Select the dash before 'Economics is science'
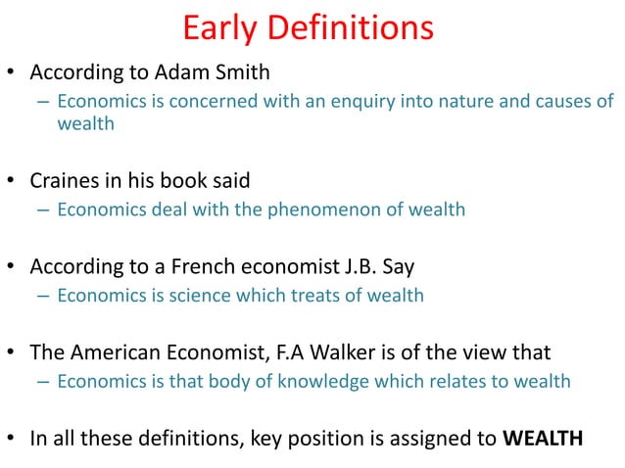pyautogui.click(x=44, y=296)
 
